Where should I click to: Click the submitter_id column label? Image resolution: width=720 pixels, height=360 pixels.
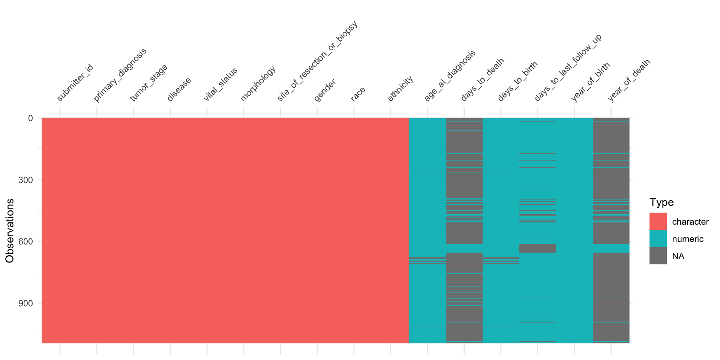[x=75, y=83]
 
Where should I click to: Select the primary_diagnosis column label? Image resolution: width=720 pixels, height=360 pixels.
[x=120, y=75]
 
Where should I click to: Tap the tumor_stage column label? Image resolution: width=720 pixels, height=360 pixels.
[x=149, y=83]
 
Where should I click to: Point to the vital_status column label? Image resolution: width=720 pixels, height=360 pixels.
[x=220, y=84]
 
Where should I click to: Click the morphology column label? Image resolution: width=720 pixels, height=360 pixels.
[x=258, y=84]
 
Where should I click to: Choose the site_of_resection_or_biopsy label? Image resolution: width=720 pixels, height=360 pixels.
[x=317, y=61]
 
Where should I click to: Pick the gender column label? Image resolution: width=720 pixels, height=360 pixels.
[x=325, y=90]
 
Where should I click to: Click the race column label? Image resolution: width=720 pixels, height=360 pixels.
[x=358, y=94]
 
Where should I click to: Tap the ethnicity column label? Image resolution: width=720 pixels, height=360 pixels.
[x=400, y=88]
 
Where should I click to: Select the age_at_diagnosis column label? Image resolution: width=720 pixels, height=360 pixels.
[x=450, y=75]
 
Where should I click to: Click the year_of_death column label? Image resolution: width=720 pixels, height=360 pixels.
[x=629, y=80]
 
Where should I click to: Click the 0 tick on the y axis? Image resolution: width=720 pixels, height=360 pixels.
[x=30, y=118]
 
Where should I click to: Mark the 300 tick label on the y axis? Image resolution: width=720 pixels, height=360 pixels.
[x=25, y=180]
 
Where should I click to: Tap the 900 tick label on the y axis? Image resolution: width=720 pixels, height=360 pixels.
[x=25, y=303]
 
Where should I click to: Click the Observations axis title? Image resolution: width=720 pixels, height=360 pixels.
[x=10, y=231]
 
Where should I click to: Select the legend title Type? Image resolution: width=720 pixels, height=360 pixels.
[x=661, y=202]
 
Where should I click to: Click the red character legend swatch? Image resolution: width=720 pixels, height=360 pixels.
[x=658, y=221]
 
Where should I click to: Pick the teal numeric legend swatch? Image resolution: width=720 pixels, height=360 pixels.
[x=658, y=238]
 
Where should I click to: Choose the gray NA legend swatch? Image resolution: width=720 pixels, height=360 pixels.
[x=658, y=256]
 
